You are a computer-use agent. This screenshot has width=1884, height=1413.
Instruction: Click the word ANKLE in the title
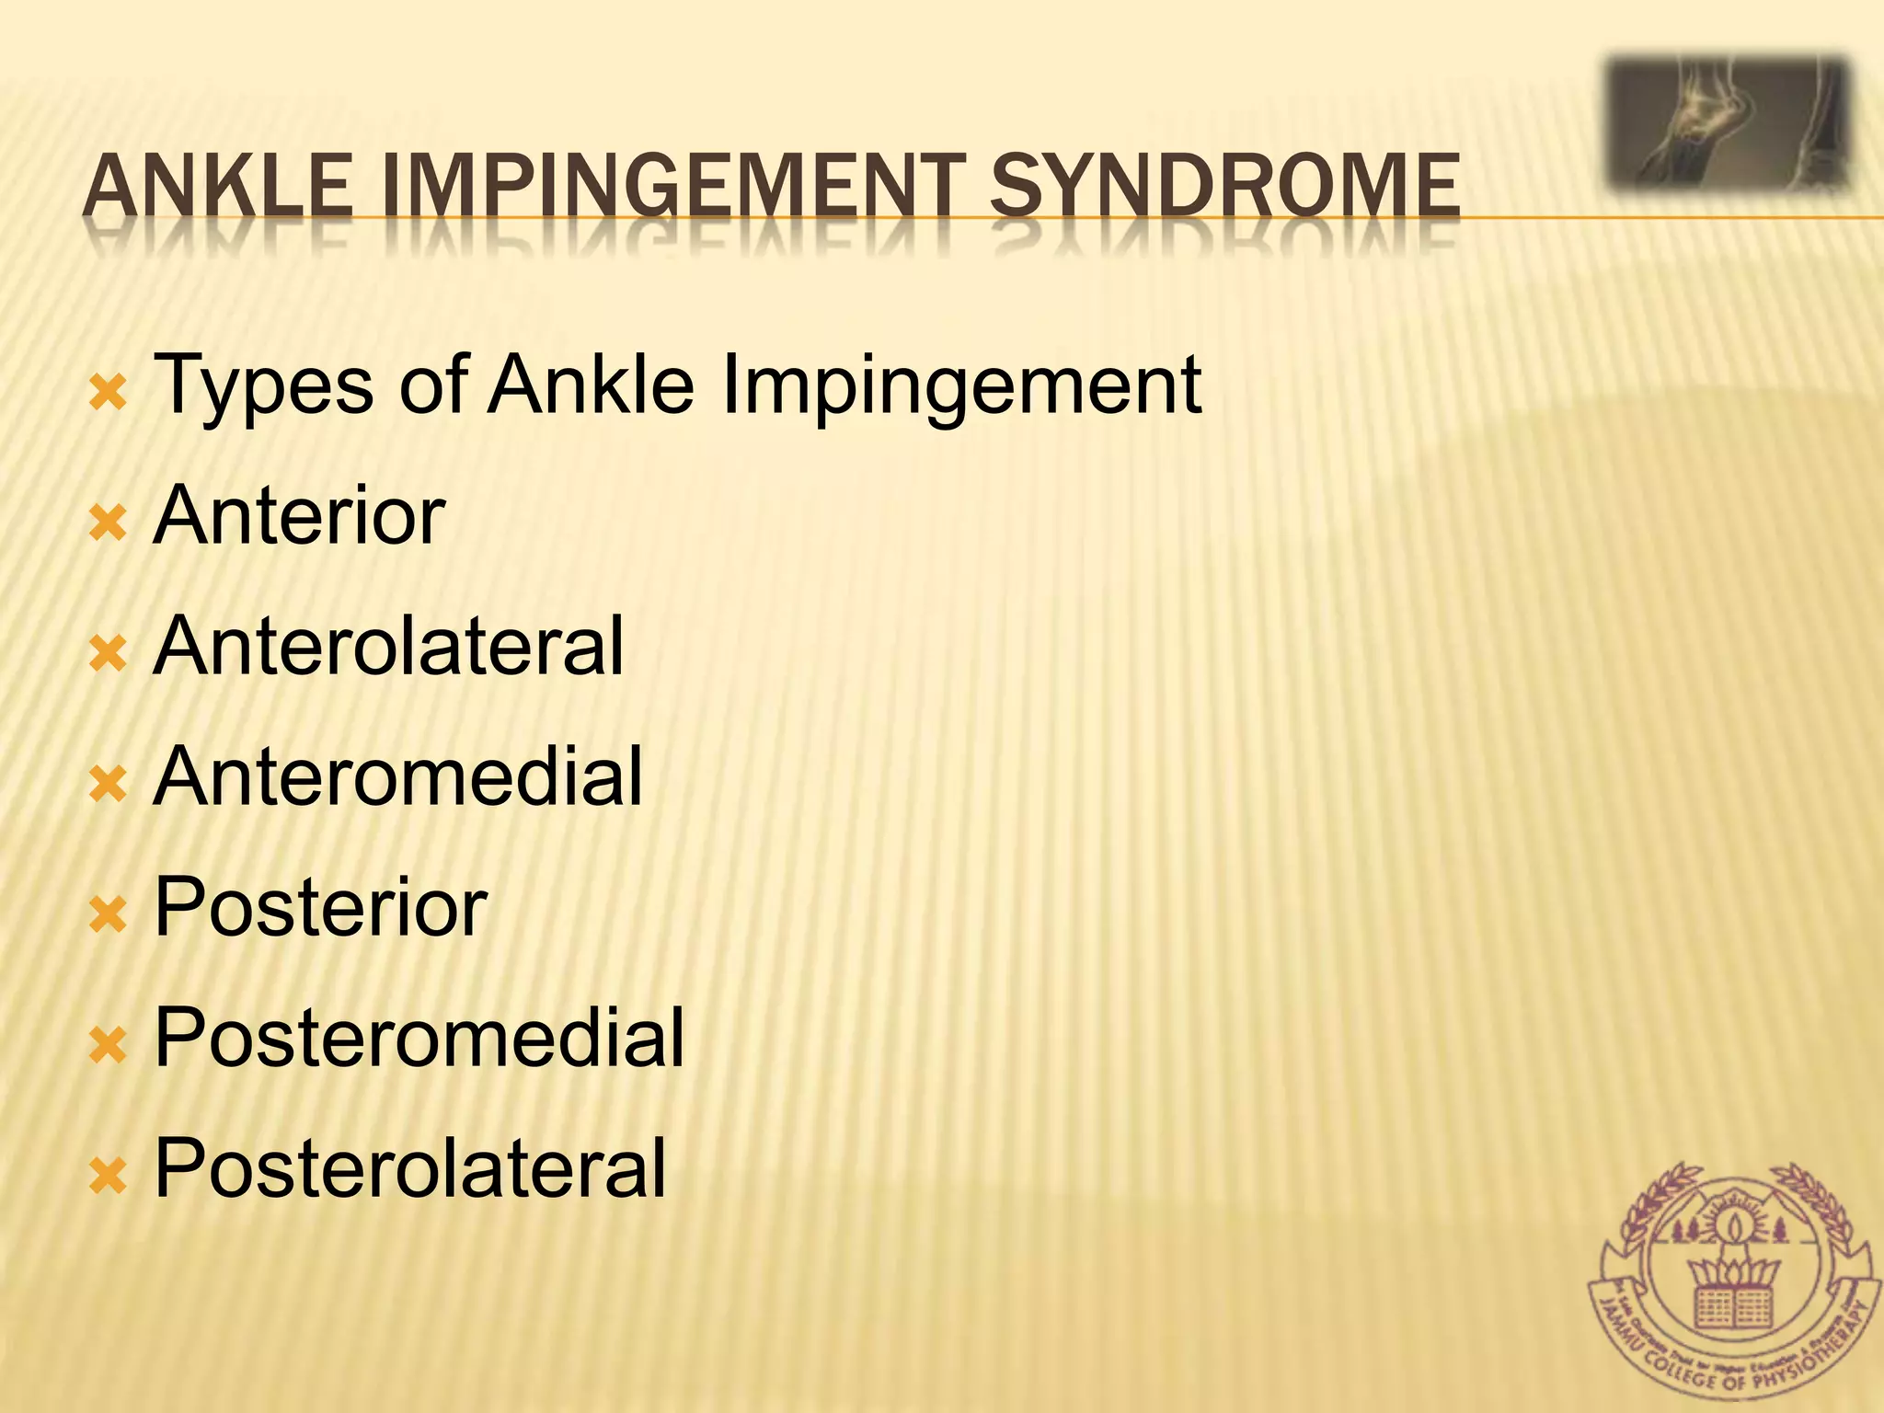coord(217,187)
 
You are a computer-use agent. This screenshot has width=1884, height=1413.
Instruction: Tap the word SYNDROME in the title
coord(1224,187)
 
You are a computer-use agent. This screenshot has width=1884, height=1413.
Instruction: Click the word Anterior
coord(300,516)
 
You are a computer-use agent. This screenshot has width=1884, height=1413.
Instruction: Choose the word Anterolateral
coord(389,647)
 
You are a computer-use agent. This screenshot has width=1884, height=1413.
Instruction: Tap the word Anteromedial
coord(398,777)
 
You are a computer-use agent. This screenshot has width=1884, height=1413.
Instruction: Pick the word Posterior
coord(320,908)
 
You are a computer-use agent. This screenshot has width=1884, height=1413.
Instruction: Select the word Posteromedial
coord(419,1039)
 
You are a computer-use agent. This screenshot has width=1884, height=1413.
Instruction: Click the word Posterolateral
coord(410,1169)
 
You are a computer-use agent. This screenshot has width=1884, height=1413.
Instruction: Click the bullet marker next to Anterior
coord(108,525)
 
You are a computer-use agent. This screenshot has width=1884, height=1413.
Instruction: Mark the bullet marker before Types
coord(108,395)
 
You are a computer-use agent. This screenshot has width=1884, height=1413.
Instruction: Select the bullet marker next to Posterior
coord(108,916)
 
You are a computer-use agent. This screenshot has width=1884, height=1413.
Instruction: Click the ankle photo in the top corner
coord(1729,124)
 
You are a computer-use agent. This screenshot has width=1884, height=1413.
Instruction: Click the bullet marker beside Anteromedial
coord(108,786)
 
